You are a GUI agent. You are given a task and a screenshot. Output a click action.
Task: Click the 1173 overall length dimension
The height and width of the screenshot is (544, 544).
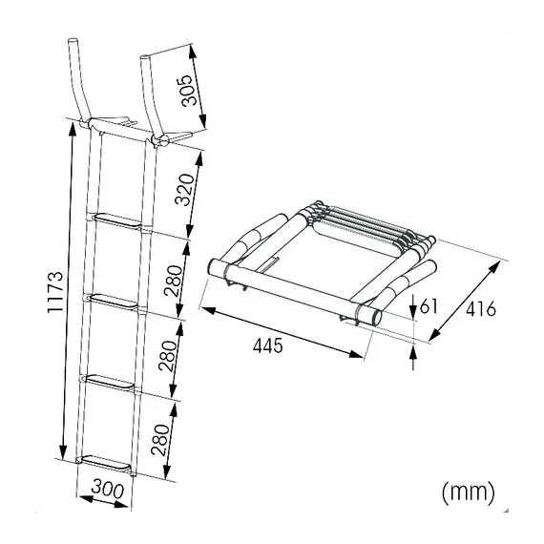(x=55, y=292)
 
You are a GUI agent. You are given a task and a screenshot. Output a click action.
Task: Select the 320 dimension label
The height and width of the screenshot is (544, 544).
(x=184, y=190)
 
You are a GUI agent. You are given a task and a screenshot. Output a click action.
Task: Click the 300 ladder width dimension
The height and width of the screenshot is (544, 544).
(x=108, y=490)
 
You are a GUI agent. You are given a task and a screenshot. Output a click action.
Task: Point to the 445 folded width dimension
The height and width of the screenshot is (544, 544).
(x=268, y=345)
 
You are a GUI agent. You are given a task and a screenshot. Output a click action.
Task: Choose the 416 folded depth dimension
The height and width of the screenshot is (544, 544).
(x=481, y=309)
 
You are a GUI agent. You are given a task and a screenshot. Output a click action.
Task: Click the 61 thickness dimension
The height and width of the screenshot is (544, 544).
(x=429, y=305)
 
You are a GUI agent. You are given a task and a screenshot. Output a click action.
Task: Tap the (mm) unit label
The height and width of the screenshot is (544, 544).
(x=469, y=492)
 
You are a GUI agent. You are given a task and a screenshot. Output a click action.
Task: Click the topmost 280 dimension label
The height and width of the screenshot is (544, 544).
(x=173, y=281)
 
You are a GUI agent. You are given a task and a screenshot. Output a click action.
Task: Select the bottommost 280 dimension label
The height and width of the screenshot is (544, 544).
(x=160, y=439)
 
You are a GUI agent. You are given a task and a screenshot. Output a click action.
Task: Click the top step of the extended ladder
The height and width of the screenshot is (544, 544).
(x=117, y=221)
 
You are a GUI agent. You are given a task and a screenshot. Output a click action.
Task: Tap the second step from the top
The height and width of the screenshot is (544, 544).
(x=112, y=302)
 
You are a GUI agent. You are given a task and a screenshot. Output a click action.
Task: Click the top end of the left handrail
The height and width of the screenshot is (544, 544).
(x=73, y=40)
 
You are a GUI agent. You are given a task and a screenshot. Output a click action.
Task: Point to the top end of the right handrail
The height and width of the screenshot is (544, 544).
(x=145, y=57)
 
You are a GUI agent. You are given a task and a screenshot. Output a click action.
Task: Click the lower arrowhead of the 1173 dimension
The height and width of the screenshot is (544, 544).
(x=63, y=451)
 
